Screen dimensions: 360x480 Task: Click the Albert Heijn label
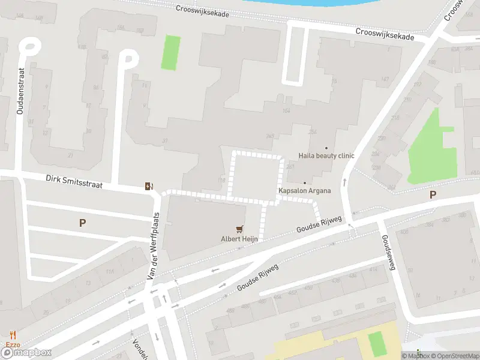tap(239, 238)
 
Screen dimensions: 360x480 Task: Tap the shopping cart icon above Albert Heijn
tap(240, 228)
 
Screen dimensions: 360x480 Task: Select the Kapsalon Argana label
tap(304, 191)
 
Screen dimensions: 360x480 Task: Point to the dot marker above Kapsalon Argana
tap(304, 183)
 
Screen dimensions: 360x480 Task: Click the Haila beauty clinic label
tap(326, 156)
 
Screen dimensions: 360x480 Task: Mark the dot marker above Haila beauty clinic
tap(326, 148)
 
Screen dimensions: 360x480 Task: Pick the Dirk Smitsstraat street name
tap(74, 182)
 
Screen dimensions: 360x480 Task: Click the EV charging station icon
tap(149, 186)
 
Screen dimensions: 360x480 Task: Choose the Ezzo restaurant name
tap(13, 344)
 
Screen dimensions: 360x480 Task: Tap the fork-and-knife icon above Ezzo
tap(13, 335)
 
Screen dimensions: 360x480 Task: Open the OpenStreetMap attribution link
tap(454, 356)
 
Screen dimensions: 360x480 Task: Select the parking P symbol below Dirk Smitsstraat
tap(83, 223)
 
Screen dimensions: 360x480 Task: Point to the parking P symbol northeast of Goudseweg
tap(433, 194)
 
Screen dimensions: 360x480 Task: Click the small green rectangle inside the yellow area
tap(376, 343)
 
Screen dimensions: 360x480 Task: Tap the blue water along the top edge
tap(312, 2)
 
